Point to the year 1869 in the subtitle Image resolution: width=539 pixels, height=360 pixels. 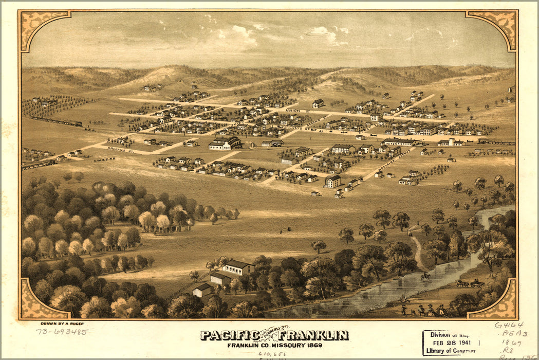pyautogui.click(x=311, y=345)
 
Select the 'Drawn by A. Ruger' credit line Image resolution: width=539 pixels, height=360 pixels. pyautogui.click(x=62, y=323)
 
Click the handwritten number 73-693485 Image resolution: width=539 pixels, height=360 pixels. pyautogui.click(x=62, y=332)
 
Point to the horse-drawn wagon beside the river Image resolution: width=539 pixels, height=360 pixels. pyautogui.click(x=470, y=283)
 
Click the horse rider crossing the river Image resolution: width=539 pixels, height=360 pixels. pyautogui.click(x=425, y=277)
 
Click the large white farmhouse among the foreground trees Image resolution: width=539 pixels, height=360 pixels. pyautogui.click(x=238, y=267)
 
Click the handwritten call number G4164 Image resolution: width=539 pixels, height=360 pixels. pyautogui.click(x=509, y=325)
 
